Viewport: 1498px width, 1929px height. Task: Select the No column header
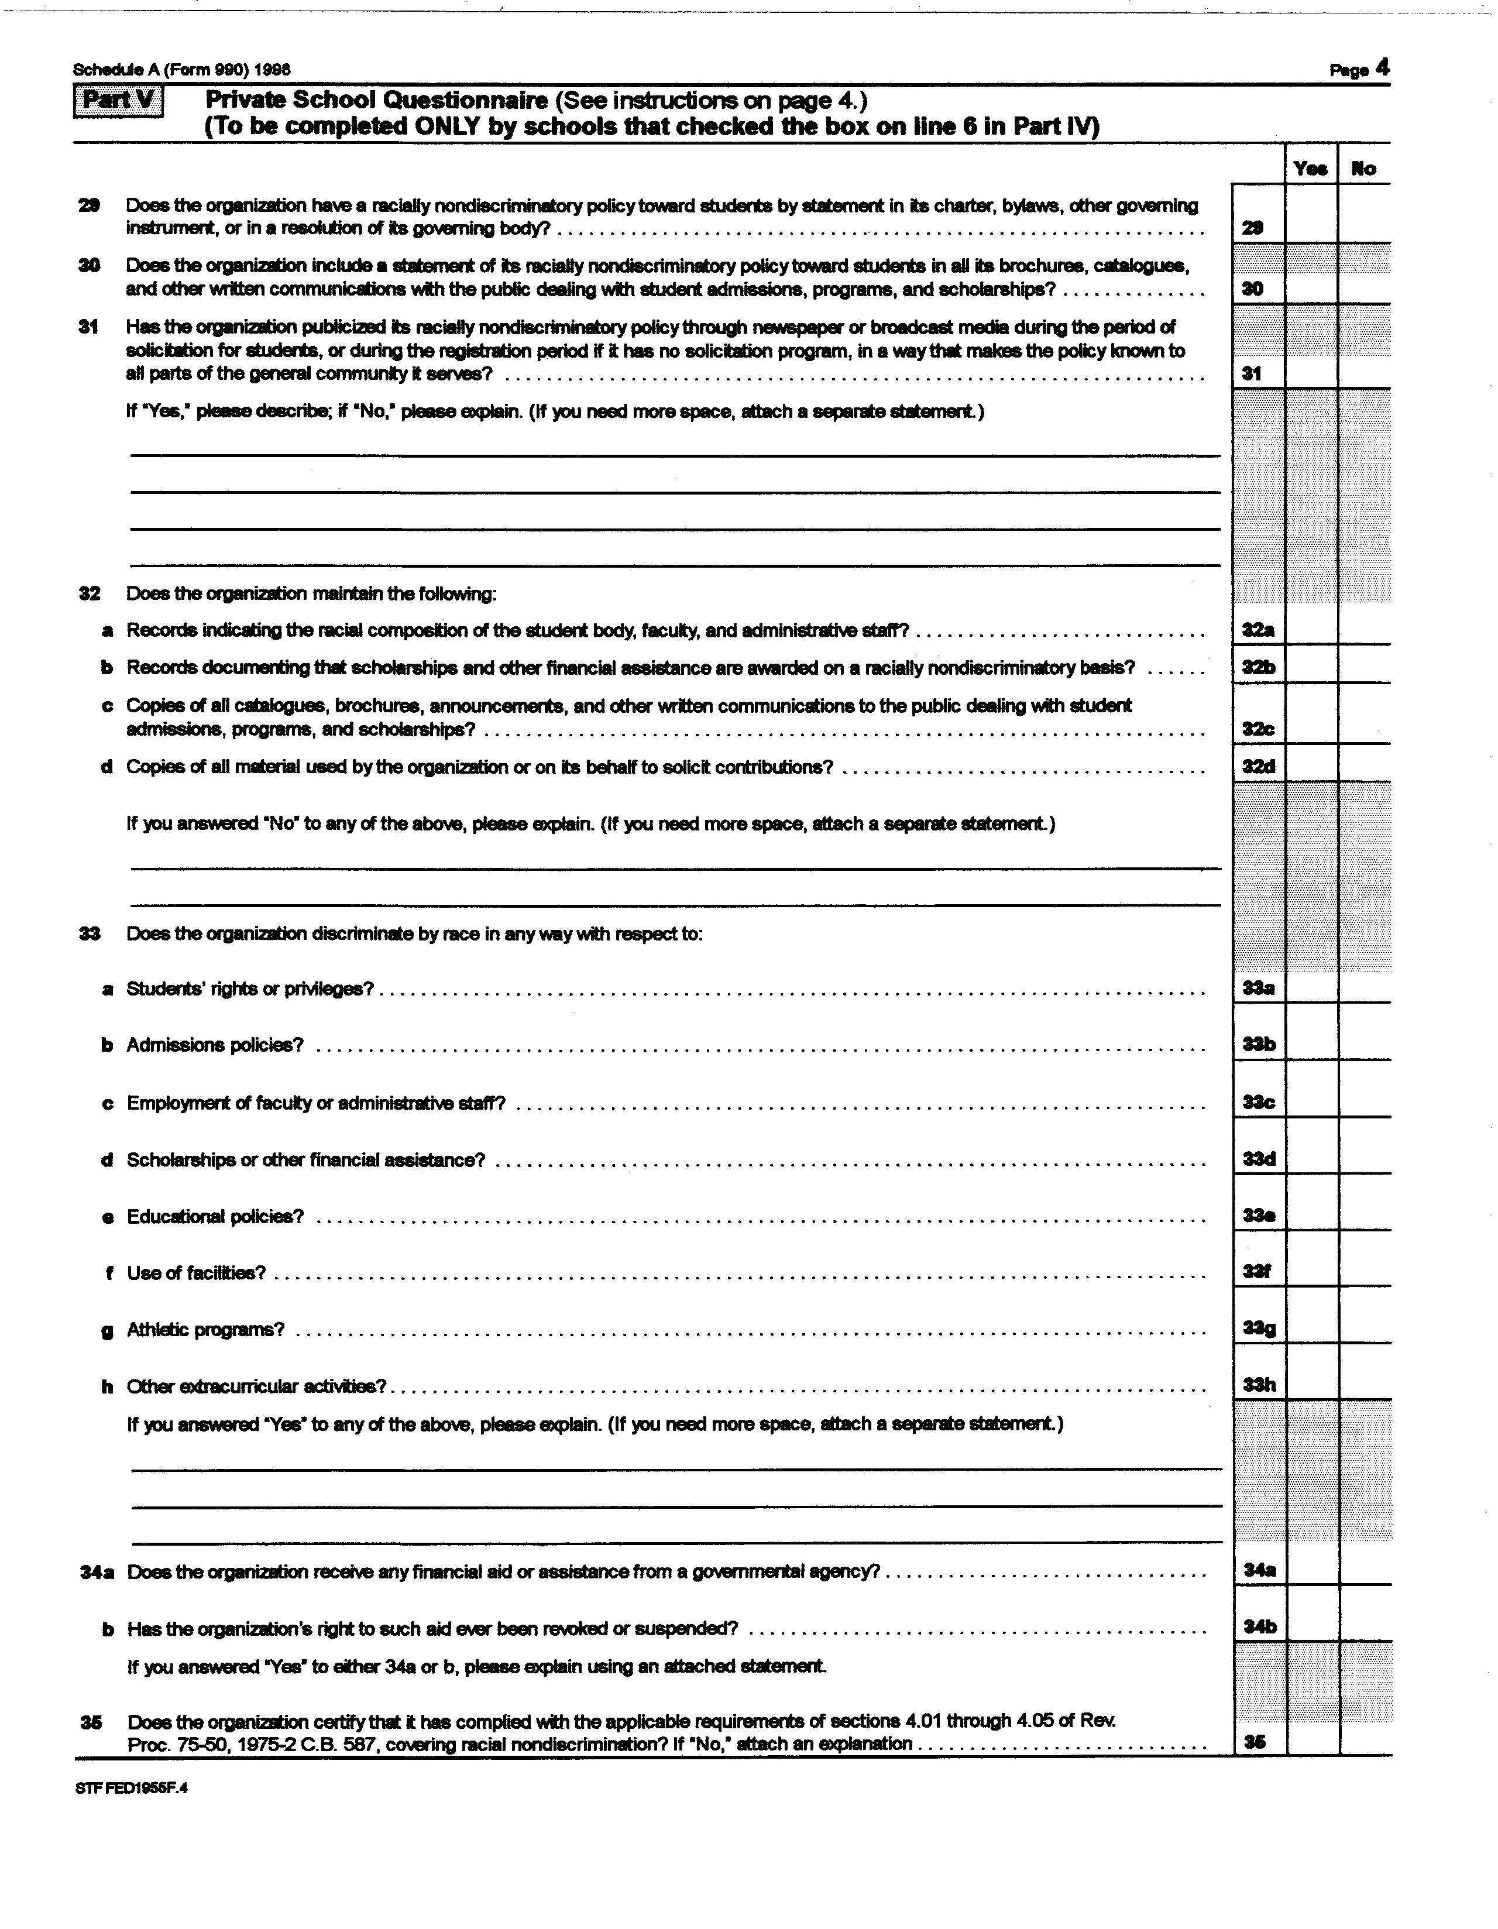1364,168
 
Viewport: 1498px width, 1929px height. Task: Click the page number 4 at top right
1382,68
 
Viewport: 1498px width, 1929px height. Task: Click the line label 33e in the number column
1258,1216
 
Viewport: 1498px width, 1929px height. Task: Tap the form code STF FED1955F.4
130,1788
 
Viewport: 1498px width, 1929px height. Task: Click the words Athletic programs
205,1329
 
